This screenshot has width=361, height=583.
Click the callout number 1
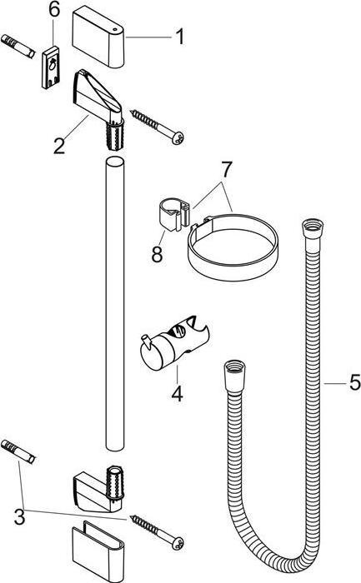point(180,37)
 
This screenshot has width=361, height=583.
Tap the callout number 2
point(59,146)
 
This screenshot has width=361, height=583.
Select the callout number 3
point(19,517)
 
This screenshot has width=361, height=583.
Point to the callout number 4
point(177,393)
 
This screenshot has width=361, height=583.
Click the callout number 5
point(355,382)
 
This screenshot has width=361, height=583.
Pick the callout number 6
point(54,10)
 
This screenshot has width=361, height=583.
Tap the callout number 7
point(226,170)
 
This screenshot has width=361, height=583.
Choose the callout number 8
point(157,255)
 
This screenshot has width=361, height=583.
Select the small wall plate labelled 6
point(51,67)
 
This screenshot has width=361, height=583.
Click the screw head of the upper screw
point(177,138)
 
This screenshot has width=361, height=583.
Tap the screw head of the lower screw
point(177,543)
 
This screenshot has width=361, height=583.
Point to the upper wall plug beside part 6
point(18,46)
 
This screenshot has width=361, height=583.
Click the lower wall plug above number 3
point(18,451)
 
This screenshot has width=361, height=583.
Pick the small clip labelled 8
point(173,215)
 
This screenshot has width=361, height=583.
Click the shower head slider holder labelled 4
point(174,343)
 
